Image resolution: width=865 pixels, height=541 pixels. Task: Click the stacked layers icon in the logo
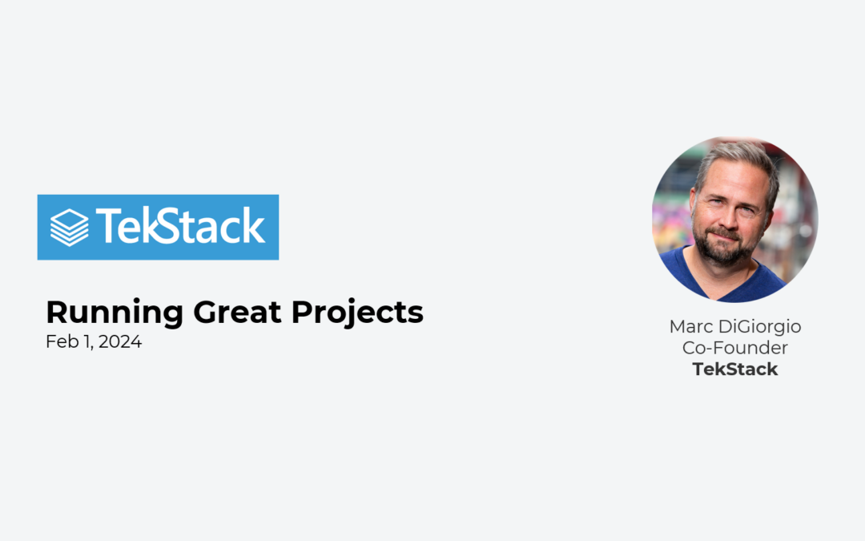pos(69,228)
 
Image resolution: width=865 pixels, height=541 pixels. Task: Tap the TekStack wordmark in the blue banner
pos(180,226)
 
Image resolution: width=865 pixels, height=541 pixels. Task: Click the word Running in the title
pos(115,313)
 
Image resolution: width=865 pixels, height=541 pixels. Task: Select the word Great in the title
pos(237,312)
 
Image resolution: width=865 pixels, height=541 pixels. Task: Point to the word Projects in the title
pos(357,313)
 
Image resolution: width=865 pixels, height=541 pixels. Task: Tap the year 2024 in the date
pos(120,341)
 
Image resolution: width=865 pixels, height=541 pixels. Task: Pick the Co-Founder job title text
pos(735,348)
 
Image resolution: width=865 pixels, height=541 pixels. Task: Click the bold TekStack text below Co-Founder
pos(735,369)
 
